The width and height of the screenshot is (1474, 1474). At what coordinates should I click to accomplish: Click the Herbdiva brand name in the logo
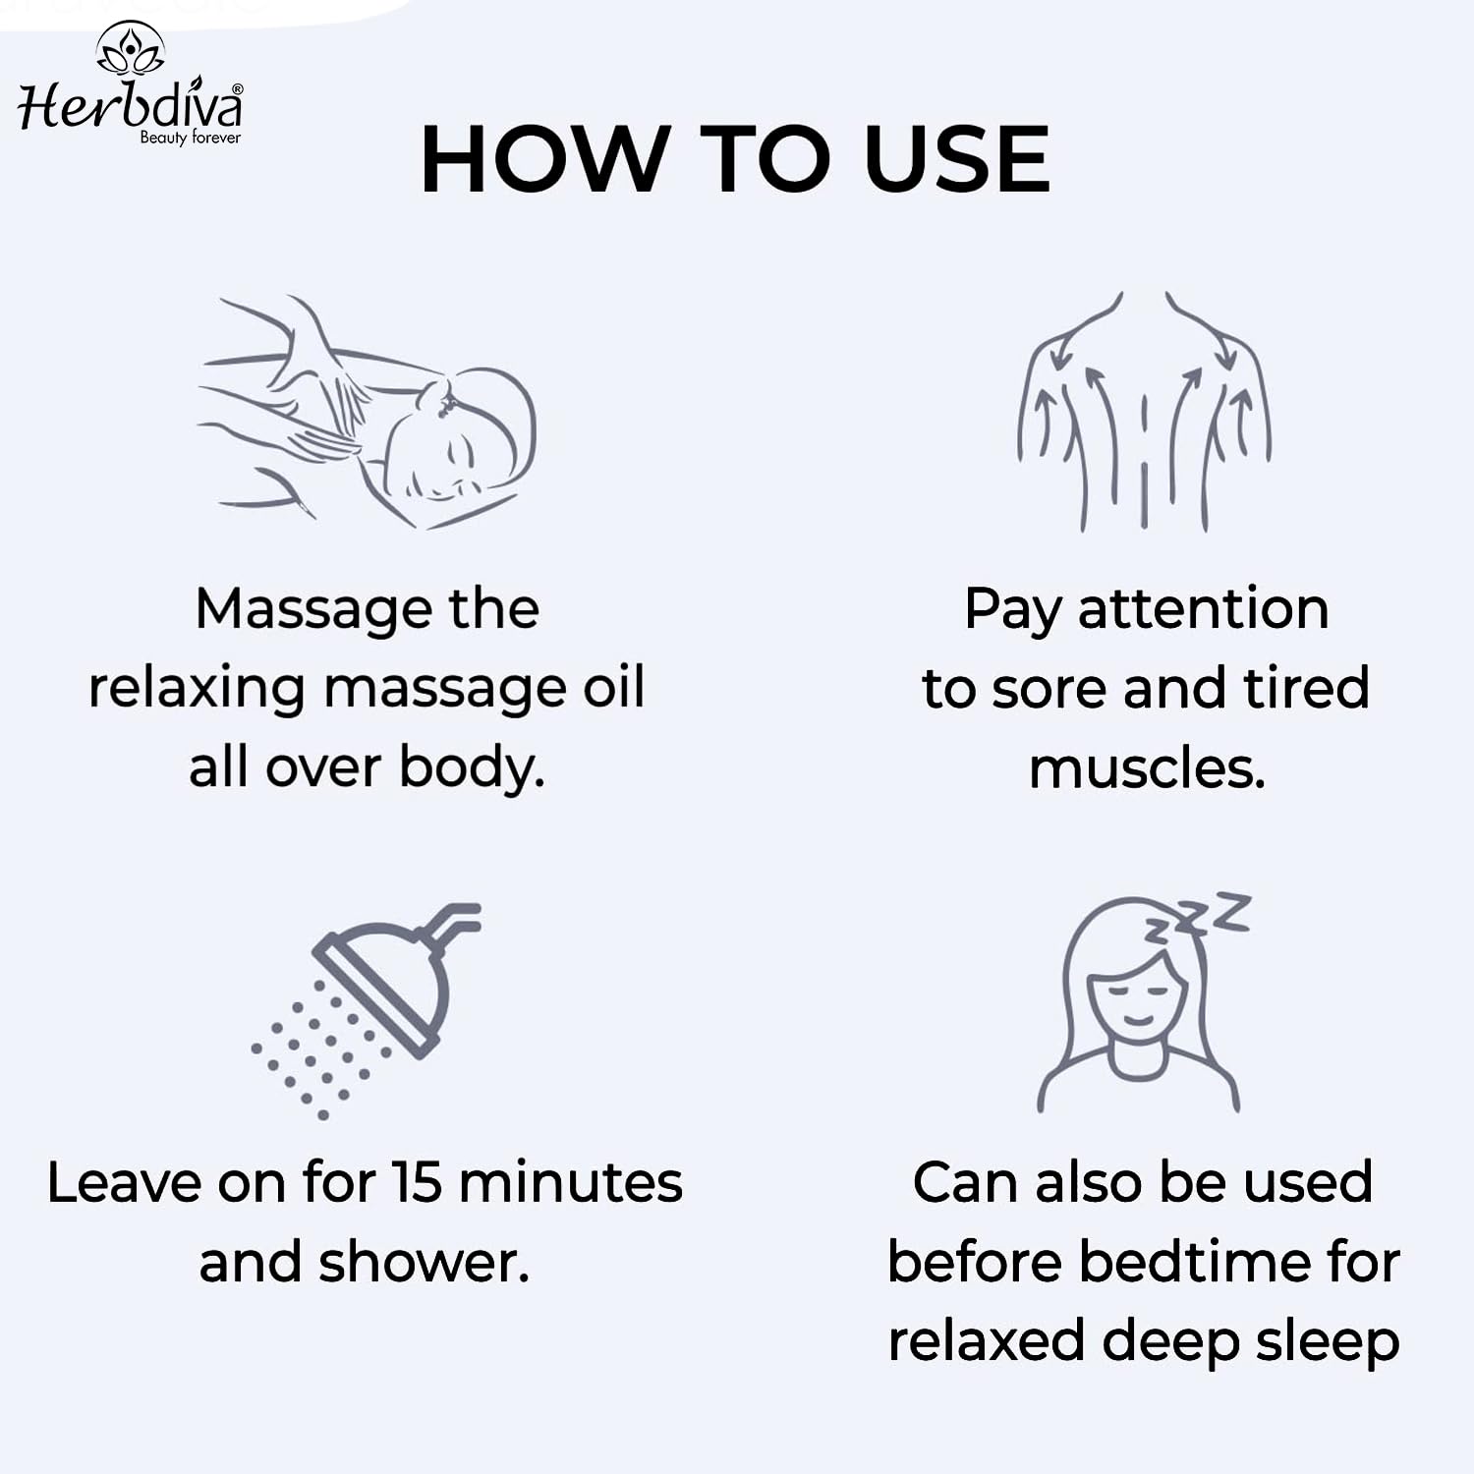131,105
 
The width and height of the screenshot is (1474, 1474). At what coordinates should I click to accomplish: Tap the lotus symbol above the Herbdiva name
131,47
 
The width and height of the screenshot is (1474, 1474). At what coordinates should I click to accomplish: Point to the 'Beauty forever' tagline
190,138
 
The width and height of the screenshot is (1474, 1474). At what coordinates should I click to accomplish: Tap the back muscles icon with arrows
1144,411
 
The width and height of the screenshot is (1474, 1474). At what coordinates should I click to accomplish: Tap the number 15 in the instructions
418,1182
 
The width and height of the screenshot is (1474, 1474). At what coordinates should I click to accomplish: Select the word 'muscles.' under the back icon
1147,767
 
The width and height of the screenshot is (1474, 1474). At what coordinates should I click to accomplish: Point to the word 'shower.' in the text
424,1262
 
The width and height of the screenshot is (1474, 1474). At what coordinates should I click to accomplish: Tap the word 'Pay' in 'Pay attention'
1012,610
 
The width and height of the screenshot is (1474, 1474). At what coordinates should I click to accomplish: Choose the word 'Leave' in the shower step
124,1182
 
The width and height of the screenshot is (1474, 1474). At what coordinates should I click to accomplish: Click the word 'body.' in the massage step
472,767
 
